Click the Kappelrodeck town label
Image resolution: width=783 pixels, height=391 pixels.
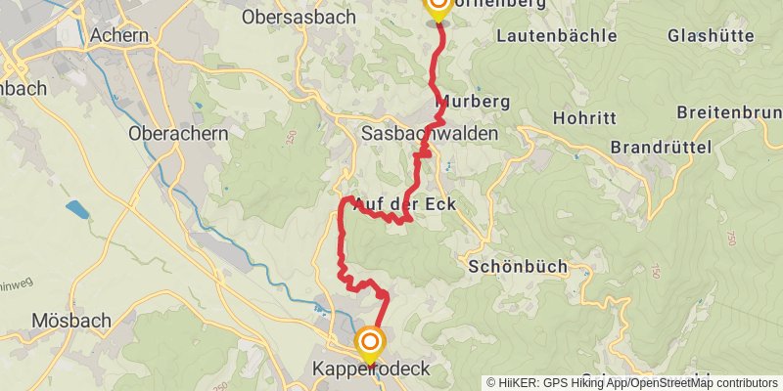click(x=370, y=369)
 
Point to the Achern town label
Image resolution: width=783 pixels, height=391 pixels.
click(x=118, y=35)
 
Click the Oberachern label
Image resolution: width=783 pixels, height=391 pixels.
click(x=178, y=134)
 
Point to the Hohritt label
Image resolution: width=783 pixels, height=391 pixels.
click(x=584, y=118)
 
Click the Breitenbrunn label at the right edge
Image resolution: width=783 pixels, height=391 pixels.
click(x=729, y=112)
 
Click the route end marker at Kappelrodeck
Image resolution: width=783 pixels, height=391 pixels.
click(x=371, y=342)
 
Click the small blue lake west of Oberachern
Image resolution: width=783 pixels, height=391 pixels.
click(x=75, y=209)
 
